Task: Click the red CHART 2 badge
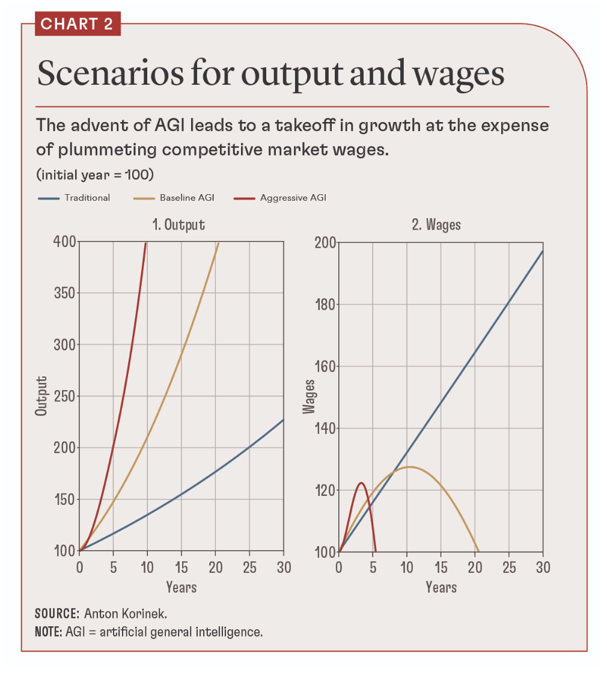[x=78, y=25]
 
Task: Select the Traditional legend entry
[x=87, y=197]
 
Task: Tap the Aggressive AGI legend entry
[x=293, y=197]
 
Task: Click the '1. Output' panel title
[x=178, y=225]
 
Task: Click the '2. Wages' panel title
[x=436, y=225]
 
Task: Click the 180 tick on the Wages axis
[x=326, y=304]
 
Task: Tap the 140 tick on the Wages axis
[x=326, y=429]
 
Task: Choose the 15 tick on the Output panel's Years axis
[x=181, y=567]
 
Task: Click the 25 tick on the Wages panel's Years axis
[x=509, y=567]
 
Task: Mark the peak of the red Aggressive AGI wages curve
[x=361, y=483]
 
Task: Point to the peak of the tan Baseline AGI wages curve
[x=409, y=466]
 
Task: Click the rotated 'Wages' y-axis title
[x=309, y=397]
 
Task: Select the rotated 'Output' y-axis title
[x=41, y=397]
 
